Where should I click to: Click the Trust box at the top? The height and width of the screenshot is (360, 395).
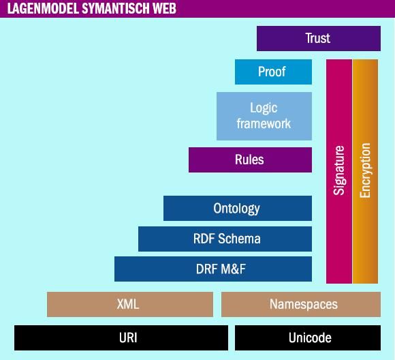319,38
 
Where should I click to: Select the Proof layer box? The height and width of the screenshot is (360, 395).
273,72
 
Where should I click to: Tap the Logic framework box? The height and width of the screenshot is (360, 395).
264,116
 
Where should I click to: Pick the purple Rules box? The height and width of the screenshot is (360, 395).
250,160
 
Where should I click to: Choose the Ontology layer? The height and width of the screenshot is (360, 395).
238,208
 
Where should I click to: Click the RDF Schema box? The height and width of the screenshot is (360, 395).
225,239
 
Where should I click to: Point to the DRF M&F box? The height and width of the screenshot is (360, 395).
213,269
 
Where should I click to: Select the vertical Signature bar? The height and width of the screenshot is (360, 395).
339,172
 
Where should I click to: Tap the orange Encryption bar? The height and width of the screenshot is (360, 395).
365,172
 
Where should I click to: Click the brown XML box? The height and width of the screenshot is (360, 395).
130,304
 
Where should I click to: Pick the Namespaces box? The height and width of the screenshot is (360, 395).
301,304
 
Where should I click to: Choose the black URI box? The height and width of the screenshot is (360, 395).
121,337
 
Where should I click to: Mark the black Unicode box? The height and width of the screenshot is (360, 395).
308,337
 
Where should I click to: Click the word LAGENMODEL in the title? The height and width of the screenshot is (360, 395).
43,8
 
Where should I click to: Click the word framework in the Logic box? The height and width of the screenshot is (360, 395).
264,123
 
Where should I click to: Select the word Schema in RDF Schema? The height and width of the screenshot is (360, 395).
239,239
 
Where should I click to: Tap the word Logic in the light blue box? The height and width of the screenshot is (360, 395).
264,108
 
